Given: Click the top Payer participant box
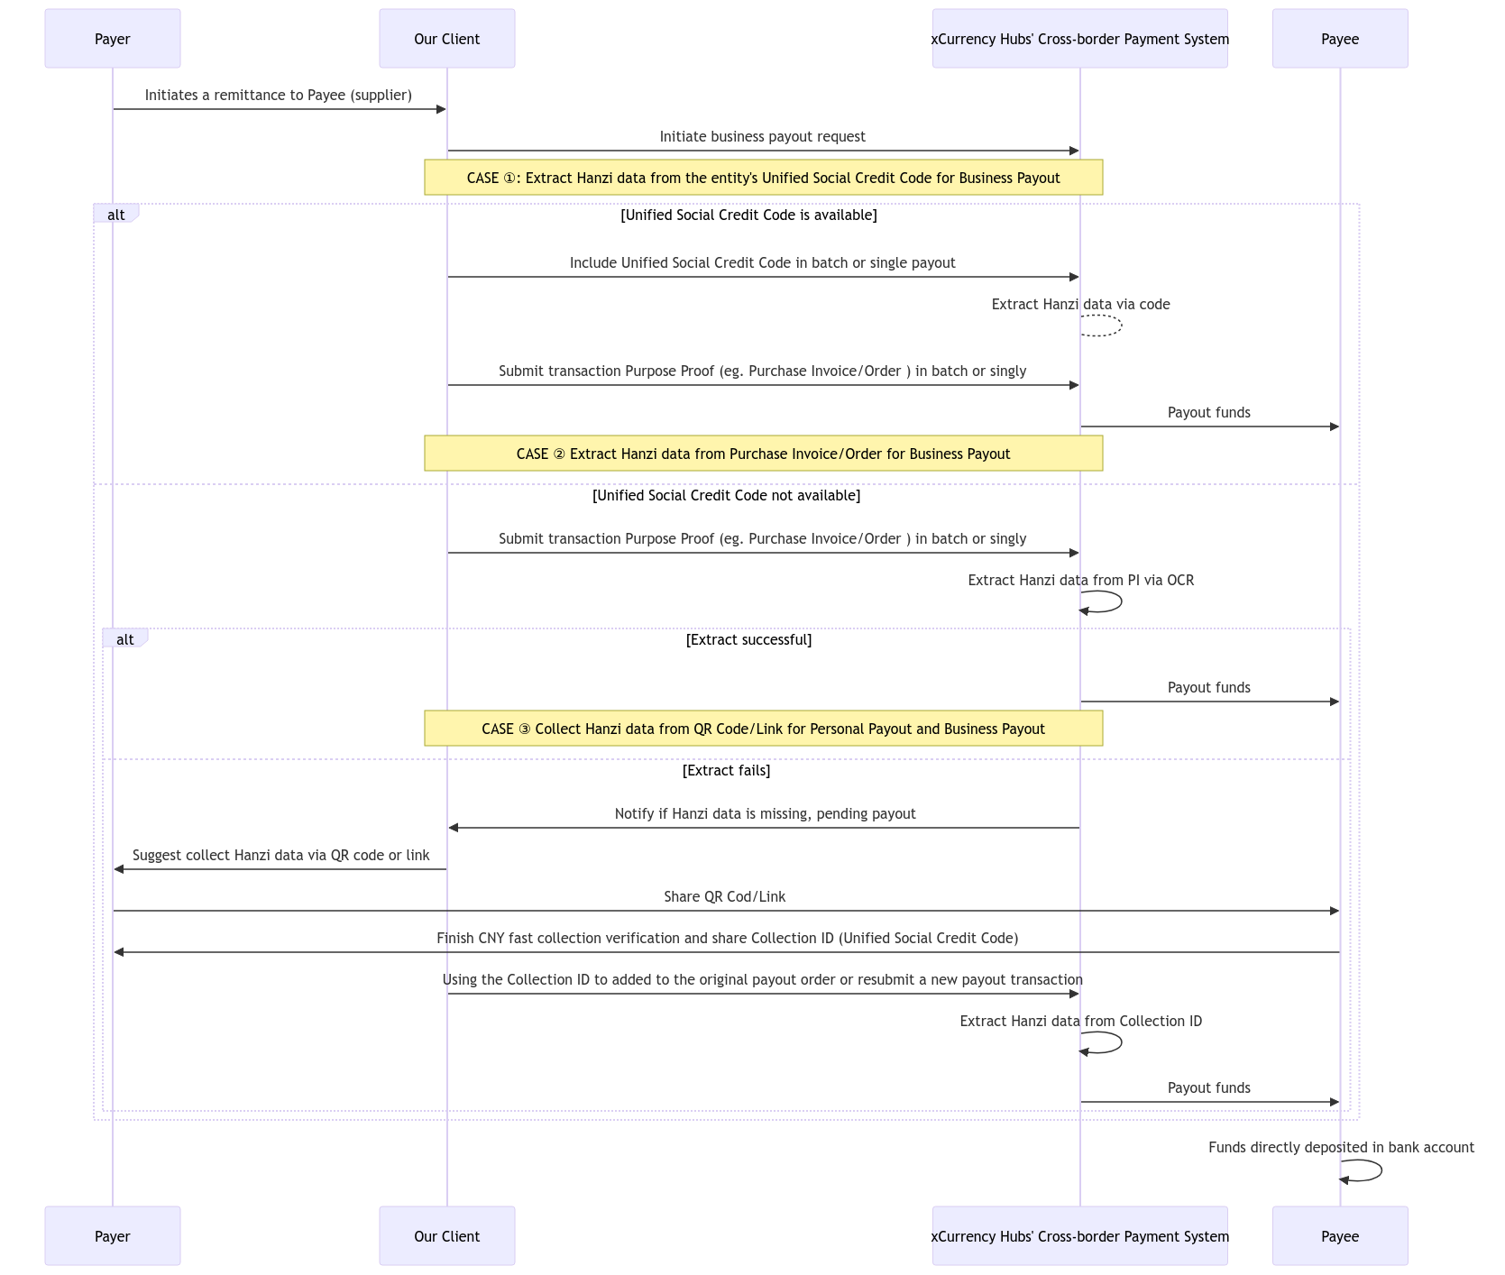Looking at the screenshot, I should (x=113, y=39).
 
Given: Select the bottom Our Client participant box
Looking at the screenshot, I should (x=446, y=1236).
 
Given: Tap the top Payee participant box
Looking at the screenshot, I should (x=1340, y=39).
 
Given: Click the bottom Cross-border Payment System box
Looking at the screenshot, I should (x=1079, y=1236).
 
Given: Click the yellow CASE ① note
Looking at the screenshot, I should (x=763, y=178).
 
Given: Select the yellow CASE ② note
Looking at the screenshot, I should (x=763, y=454).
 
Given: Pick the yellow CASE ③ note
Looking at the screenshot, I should (x=763, y=729).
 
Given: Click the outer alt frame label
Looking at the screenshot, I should (x=116, y=215).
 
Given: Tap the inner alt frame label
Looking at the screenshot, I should (x=125, y=639).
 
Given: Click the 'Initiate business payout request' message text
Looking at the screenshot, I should (x=762, y=137).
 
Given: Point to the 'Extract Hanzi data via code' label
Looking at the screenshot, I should (x=1080, y=305).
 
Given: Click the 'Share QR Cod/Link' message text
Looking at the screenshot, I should (x=724, y=897).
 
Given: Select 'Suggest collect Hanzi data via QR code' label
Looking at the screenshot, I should (x=280, y=856).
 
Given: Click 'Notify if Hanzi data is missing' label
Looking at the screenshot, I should (x=765, y=814).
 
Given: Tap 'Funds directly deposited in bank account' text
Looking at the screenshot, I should (x=1341, y=1148).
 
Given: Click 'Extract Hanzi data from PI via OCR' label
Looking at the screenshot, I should (x=1080, y=581).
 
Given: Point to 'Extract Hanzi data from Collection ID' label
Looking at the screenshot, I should (x=1080, y=1022).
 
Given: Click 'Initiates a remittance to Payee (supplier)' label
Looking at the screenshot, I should (x=278, y=96).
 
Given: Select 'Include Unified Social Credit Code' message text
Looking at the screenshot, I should (x=762, y=263).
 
